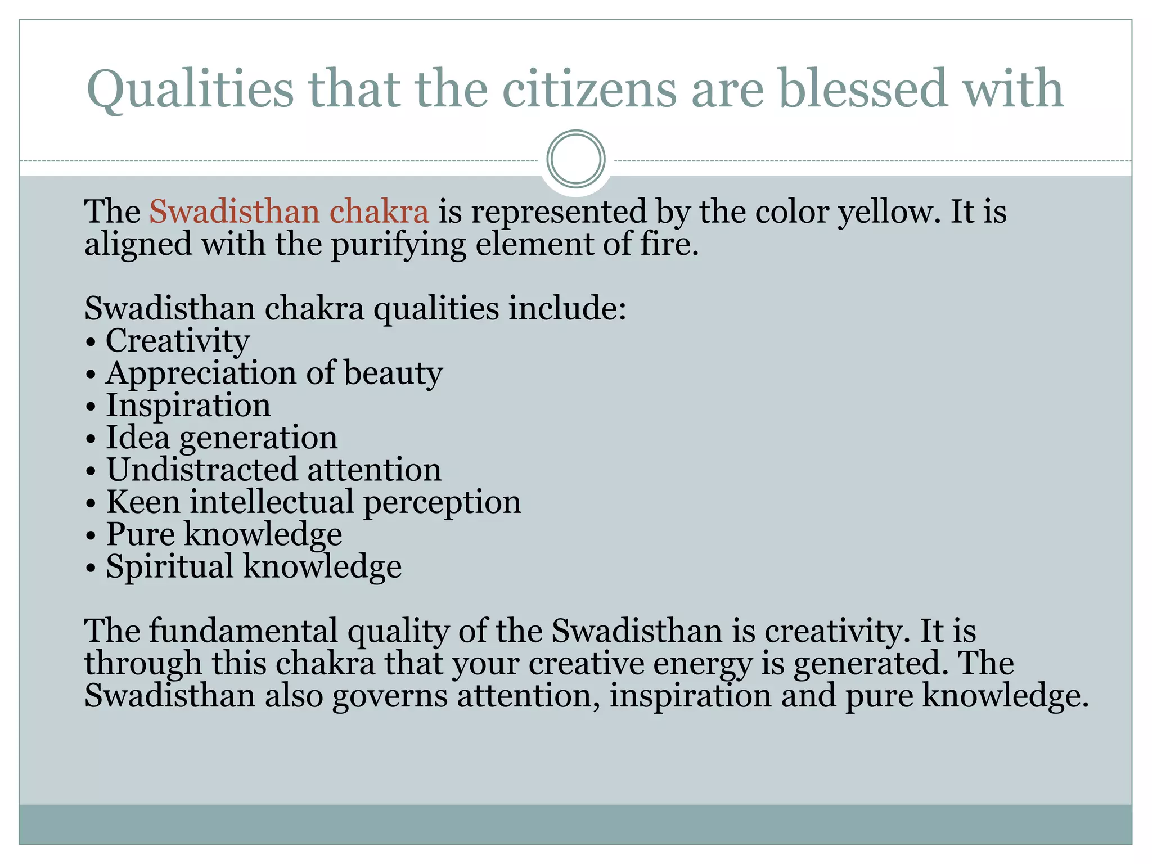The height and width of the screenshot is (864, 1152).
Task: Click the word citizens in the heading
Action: pos(589,89)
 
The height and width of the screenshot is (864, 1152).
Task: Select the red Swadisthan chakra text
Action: pos(289,212)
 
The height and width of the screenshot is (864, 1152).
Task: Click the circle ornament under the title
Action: pos(576,159)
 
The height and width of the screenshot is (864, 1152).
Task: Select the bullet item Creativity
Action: pos(177,341)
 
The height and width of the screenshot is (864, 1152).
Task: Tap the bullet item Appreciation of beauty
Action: pos(274,373)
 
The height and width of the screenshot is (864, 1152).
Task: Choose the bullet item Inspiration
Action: pos(188,406)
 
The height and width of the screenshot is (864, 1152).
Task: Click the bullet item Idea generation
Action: pos(222,438)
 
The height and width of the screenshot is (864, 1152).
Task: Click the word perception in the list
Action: pos(442,502)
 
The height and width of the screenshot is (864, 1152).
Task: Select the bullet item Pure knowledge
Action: pos(223,534)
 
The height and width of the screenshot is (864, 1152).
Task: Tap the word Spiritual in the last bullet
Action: pos(169,566)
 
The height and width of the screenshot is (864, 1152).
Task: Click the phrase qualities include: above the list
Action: pos(499,309)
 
